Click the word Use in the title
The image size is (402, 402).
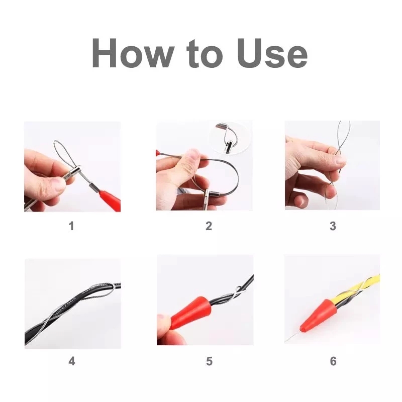click(272, 53)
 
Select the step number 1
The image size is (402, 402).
click(71, 226)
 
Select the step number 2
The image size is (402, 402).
click(209, 226)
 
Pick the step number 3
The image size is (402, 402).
click(333, 226)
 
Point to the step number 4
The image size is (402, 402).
click(72, 361)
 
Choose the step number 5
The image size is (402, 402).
click(209, 361)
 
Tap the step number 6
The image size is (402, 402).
click(333, 361)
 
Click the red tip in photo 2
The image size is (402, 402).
click(158, 153)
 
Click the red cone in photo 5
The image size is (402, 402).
click(190, 313)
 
